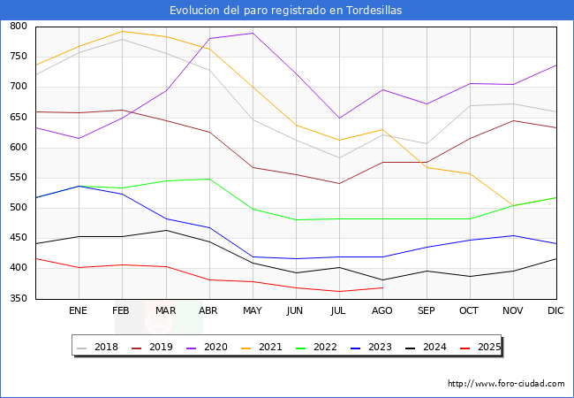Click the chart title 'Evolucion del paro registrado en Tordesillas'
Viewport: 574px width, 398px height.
pos(287,10)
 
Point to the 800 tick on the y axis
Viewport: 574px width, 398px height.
pos(17,27)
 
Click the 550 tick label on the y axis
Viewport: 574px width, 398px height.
pos(17,178)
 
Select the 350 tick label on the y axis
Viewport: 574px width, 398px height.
pos(17,299)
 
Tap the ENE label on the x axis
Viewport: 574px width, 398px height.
pos(79,311)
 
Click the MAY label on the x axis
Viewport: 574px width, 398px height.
pos(253,311)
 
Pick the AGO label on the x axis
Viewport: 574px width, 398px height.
pos(382,311)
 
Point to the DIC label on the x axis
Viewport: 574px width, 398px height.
pos(555,311)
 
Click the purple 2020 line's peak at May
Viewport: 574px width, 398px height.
pos(253,33)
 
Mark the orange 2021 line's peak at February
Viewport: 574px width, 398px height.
pos(122,31)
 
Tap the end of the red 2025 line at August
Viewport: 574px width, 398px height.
pos(382,287)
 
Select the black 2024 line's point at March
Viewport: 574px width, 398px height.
pos(165,230)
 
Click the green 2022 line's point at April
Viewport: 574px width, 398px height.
pos(208,179)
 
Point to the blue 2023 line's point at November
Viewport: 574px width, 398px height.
pos(512,235)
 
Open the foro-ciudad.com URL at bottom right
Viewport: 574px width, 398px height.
pos(506,384)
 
